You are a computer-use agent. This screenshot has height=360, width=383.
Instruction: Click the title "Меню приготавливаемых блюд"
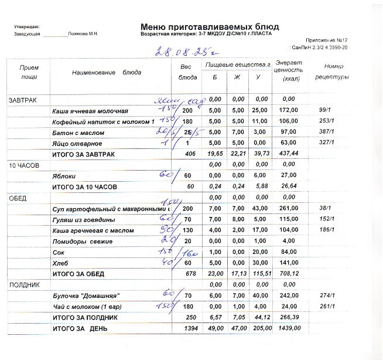210,27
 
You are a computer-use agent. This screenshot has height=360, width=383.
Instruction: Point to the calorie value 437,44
288,154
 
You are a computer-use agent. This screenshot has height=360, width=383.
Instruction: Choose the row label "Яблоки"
64,176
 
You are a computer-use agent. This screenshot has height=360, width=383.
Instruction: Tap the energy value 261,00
289,209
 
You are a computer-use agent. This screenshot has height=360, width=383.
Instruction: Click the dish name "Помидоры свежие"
78,241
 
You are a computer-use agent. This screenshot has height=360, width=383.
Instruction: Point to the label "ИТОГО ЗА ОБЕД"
81,273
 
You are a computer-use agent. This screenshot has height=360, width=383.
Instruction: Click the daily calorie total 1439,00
289,328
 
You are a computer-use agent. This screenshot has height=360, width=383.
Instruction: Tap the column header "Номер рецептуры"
332,72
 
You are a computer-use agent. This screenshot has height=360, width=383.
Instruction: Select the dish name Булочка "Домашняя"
83,296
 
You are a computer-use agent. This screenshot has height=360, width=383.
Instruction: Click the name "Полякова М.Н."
83,34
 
